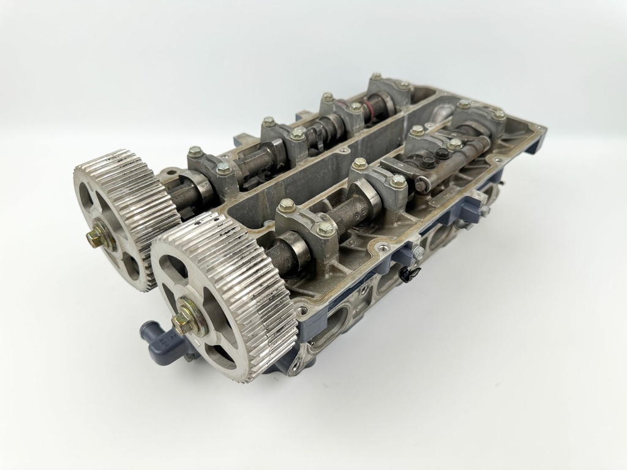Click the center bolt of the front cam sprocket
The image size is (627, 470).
(x=181, y=324)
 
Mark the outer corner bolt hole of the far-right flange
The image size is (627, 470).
(x=538, y=129)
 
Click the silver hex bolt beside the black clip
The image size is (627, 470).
(x=419, y=252)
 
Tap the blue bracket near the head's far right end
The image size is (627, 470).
(x=468, y=211)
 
